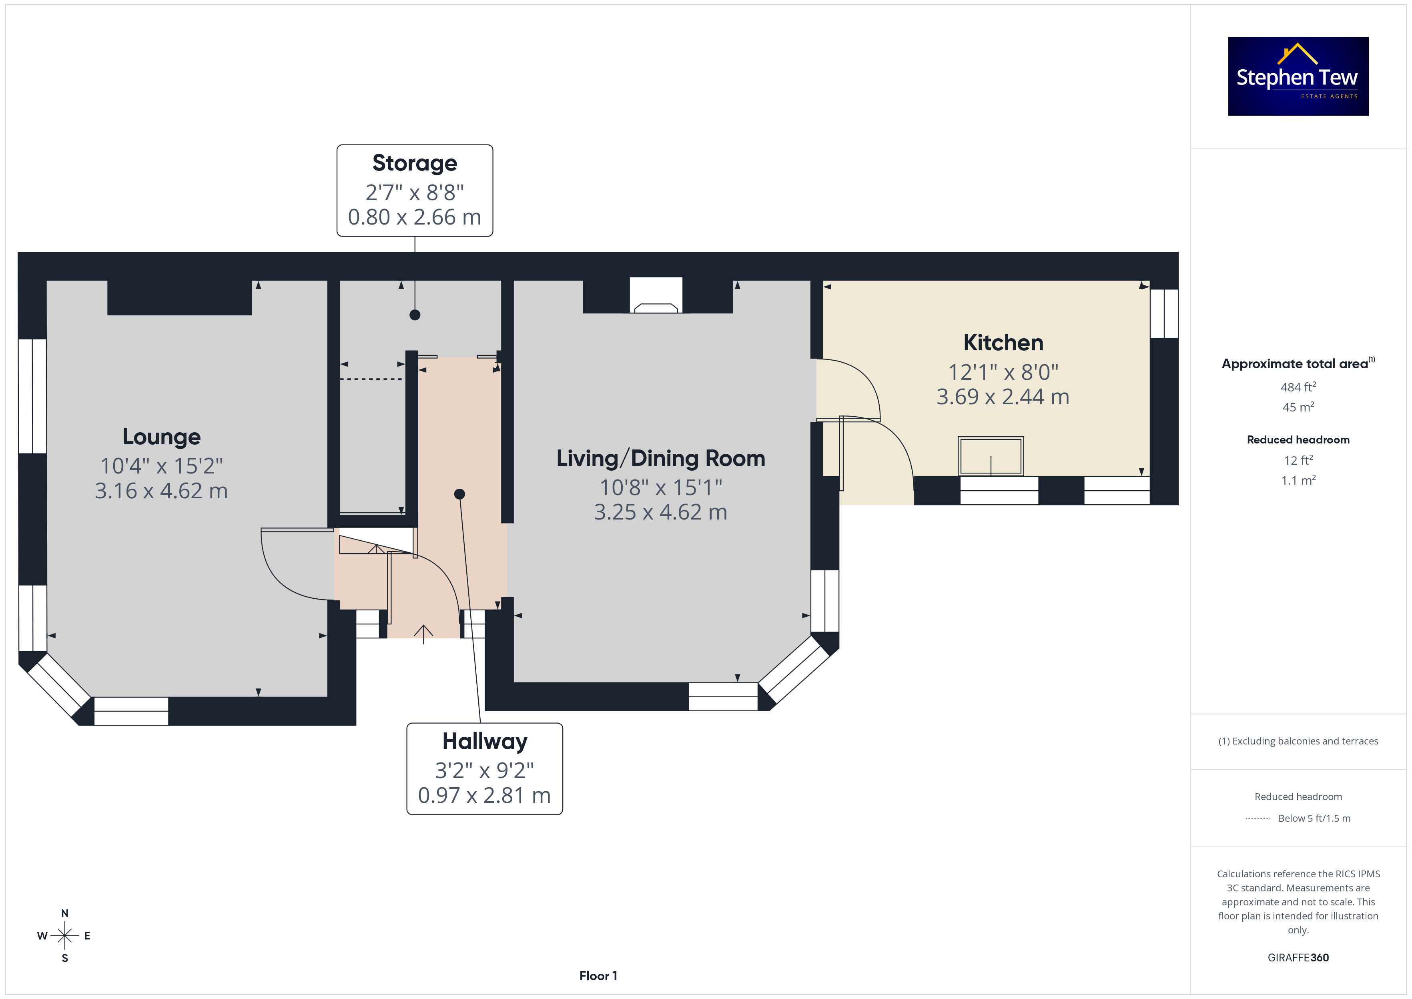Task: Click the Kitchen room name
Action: coord(1003,342)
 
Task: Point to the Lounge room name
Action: coord(162,437)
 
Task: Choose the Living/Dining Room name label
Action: coord(660,458)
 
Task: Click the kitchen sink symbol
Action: coord(991,456)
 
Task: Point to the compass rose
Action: coord(64,936)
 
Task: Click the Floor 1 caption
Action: coord(598,976)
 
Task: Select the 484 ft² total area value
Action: coord(1298,387)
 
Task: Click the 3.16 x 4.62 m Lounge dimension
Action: coord(161,491)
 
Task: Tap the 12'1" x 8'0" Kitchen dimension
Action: coord(1003,372)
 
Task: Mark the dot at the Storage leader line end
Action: coord(415,315)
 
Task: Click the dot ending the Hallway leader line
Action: coord(459,494)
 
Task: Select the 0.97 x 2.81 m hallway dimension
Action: coord(485,795)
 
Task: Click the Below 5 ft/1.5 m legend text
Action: coord(1314,818)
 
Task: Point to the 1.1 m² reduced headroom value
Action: coord(1298,480)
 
